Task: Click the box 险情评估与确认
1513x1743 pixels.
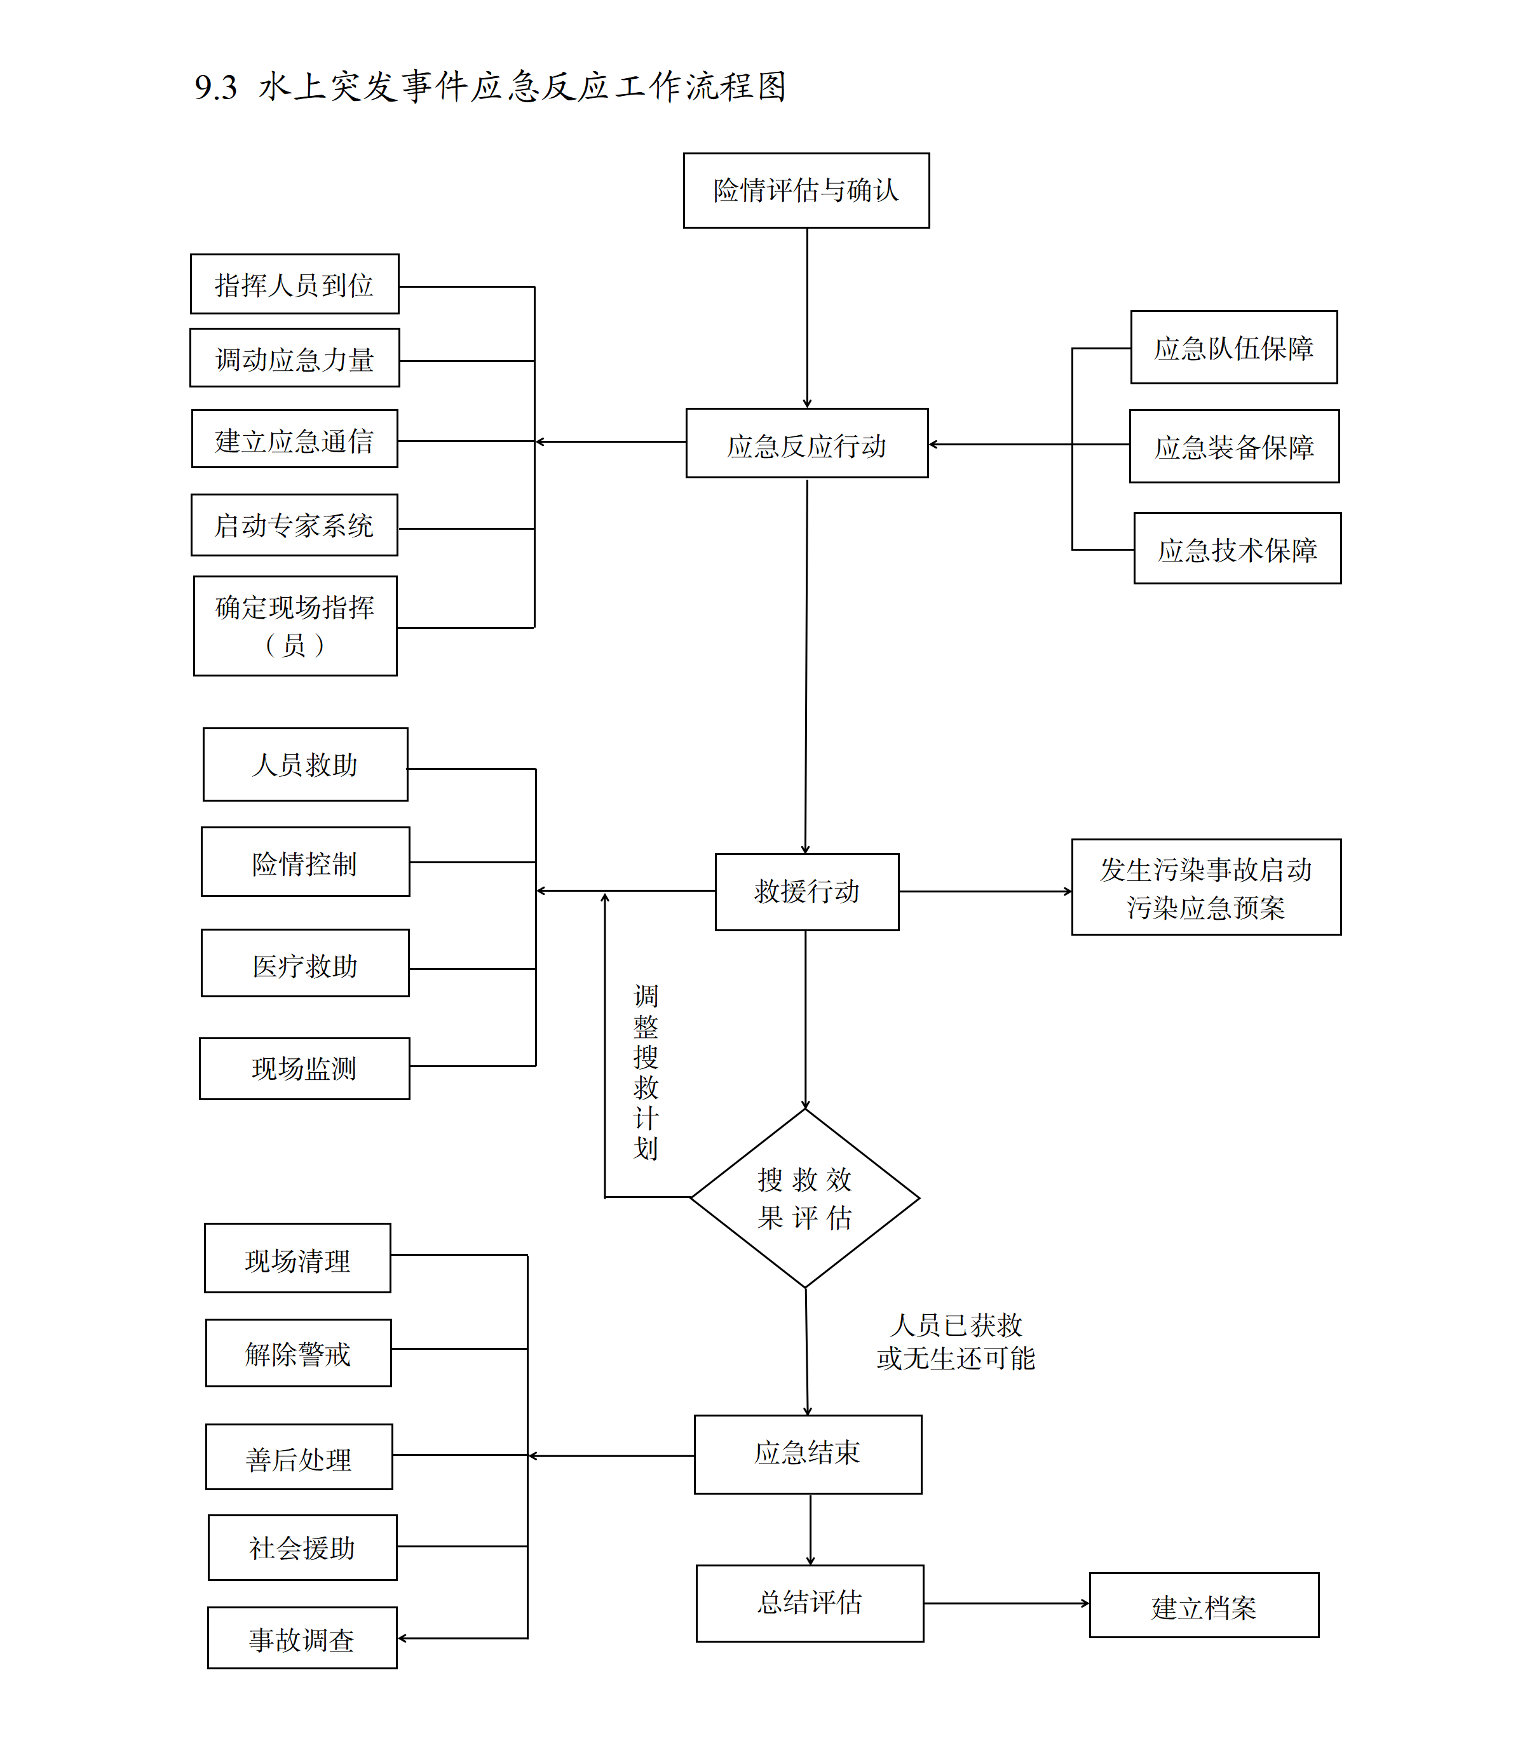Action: click(x=806, y=191)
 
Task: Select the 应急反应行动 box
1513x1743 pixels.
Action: click(x=806, y=444)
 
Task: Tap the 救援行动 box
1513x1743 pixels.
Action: click(x=806, y=891)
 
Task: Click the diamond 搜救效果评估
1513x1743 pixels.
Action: click(x=804, y=1198)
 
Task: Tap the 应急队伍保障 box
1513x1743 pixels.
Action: click(x=1233, y=347)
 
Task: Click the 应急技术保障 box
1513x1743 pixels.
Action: click(x=1237, y=549)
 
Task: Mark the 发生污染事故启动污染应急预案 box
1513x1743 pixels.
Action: click(x=1205, y=887)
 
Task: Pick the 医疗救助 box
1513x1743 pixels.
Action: click(x=305, y=964)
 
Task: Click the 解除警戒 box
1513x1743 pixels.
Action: click(x=298, y=1353)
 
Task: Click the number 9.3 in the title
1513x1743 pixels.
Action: click(x=216, y=87)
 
